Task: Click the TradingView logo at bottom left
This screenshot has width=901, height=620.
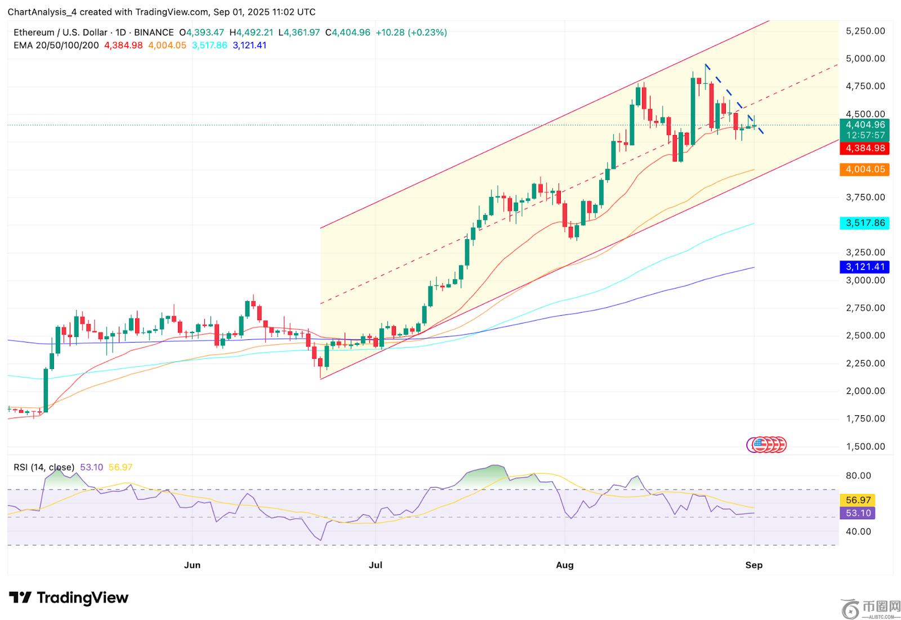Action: (69, 597)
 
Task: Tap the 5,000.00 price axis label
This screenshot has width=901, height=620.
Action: (866, 59)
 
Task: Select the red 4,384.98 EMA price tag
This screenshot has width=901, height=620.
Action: (864, 149)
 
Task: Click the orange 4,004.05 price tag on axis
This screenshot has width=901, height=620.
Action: (864, 169)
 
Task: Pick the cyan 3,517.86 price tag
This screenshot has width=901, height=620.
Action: (864, 223)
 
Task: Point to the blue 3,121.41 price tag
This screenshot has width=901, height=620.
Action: (864, 267)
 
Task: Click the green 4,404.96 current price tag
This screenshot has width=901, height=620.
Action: (864, 125)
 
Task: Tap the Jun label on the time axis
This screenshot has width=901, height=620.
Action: (192, 565)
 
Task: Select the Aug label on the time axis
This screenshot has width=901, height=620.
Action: (565, 565)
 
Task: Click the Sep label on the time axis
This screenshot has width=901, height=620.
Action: (753, 565)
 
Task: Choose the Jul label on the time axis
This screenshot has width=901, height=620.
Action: (375, 565)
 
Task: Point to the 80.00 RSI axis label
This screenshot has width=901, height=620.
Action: (859, 476)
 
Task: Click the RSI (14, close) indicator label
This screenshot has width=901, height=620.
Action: (44, 467)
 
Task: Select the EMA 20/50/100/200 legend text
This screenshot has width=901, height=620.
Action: (56, 45)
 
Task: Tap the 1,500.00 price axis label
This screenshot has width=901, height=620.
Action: (866, 447)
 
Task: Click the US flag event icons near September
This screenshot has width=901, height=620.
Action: (766, 445)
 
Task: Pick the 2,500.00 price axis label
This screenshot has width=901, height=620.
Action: (866, 335)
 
